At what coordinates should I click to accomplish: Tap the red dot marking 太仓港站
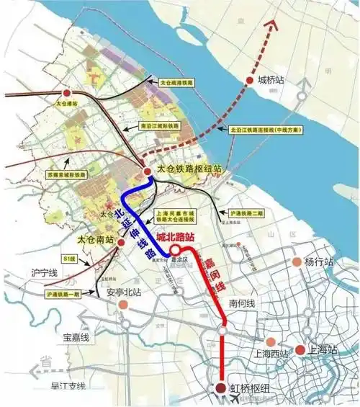click(67, 94)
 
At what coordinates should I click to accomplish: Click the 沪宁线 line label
click(43, 274)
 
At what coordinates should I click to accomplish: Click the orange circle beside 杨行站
click(295, 262)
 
